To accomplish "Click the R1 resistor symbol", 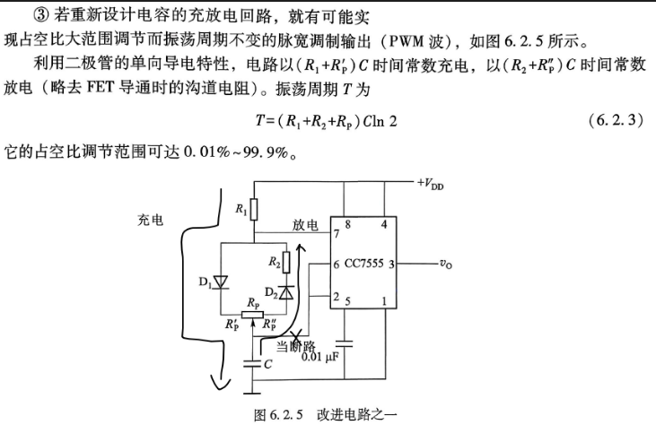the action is (x=254, y=210).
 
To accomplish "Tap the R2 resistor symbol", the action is (x=286, y=263).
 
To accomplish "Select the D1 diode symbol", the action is (x=221, y=282).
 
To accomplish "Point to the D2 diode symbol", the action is (x=286, y=292).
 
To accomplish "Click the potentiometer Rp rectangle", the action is (x=252, y=315).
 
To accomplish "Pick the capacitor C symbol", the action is (x=252, y=363).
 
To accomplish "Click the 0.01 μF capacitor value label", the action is (x=319, y=357).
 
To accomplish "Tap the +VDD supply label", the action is (x=430, y=184).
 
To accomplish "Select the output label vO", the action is (x=446, y=264).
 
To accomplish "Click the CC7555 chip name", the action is (x=363, y=264).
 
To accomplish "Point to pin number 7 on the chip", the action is (x=337, y=234).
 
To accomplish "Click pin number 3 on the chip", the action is (x=391, y=265).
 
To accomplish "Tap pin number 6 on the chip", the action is (x=337, y=265).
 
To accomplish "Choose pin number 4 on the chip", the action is (x=384, y=224).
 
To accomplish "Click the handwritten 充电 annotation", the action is (x=150, y=221).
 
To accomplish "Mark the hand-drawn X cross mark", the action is (x=296, y=335).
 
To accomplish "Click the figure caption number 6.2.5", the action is (x=286, y=415).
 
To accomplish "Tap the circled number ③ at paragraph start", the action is (x=41, y=16).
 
